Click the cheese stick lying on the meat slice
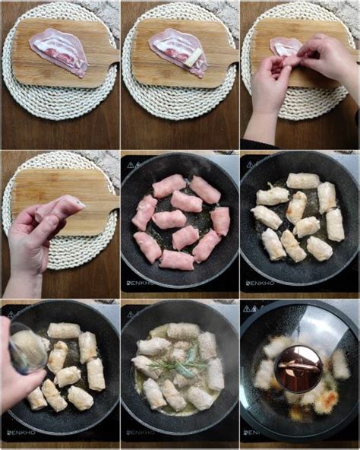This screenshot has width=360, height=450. [x=194, y=57]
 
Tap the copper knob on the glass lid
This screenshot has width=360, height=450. [x=298, y=369]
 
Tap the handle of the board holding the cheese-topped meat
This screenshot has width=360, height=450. [x=226, y=58]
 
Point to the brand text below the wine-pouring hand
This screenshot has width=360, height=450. [x=22, y=433]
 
